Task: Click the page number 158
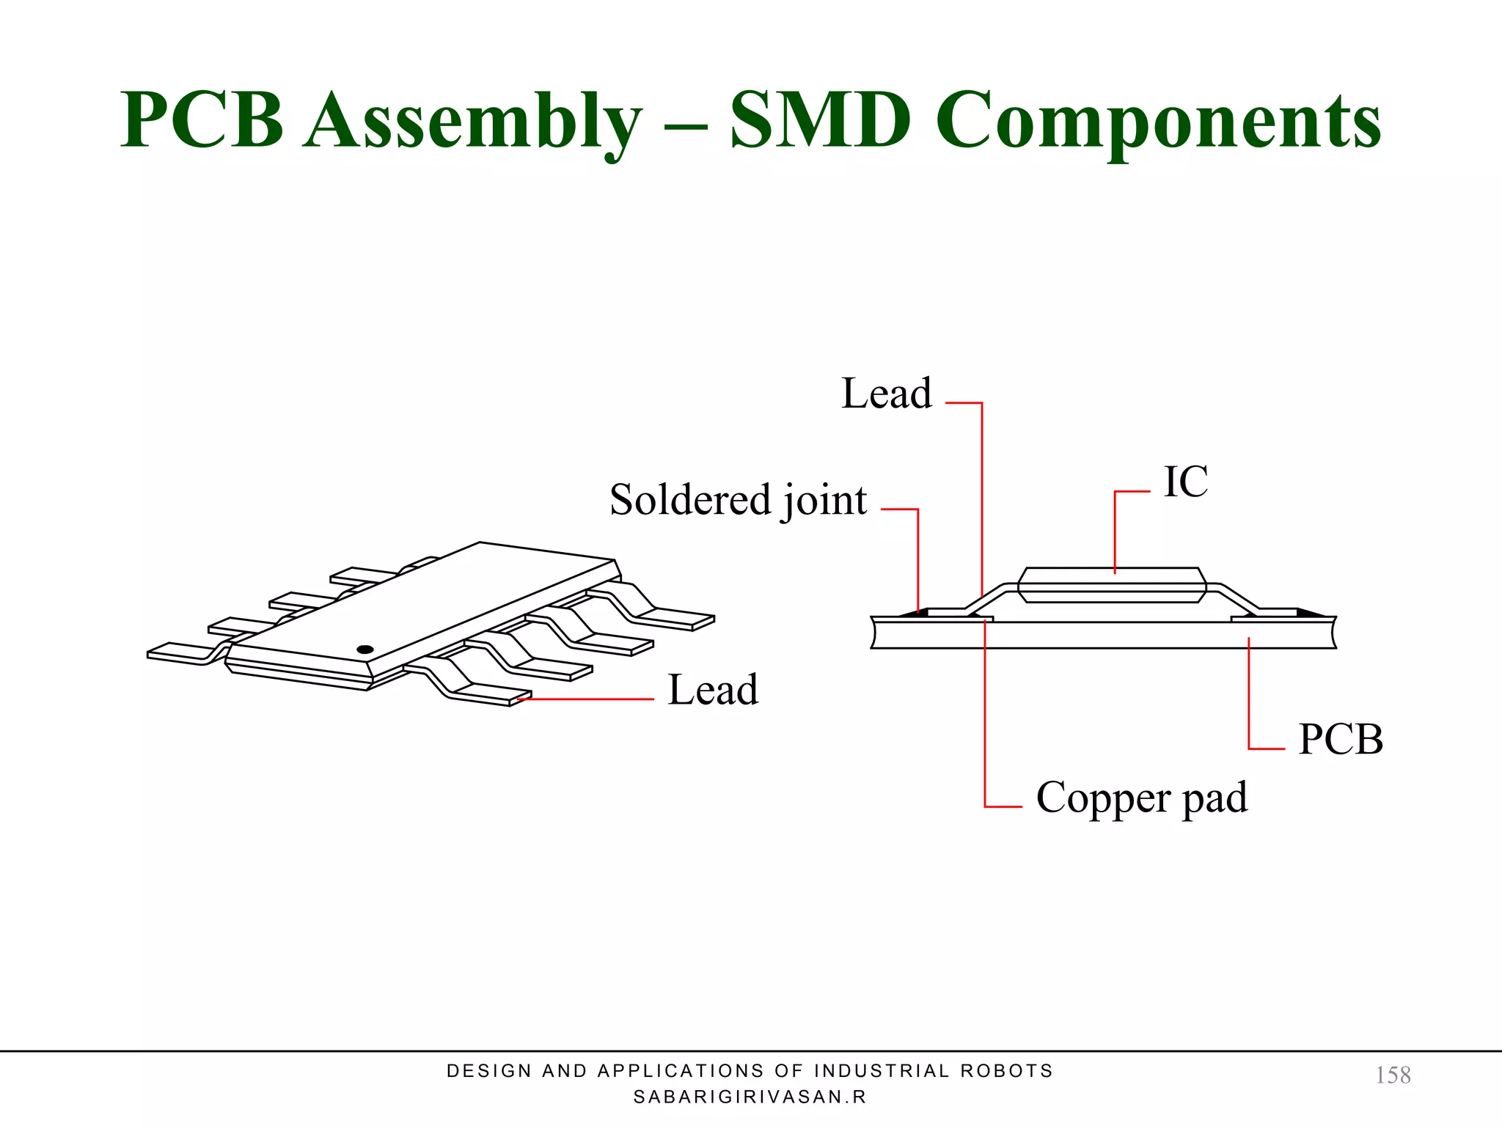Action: pos(1392,1075)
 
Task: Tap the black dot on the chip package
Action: pos(364,650)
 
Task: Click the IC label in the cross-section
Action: pos(1185,482)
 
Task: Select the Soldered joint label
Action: pos(738,501)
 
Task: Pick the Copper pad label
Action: pos(1141,798)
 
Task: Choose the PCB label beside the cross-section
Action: pos(1340,739)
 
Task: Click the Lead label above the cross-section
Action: pos(886,394)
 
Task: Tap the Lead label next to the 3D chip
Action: pos(713,690)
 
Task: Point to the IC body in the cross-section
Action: pos(1111,585)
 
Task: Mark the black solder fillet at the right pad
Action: pos(1310,612)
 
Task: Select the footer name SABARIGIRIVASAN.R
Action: pos(750,1097)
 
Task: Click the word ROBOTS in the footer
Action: pos(1006,1071)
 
